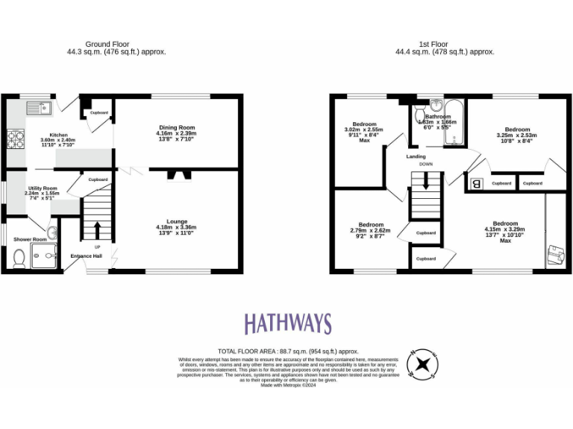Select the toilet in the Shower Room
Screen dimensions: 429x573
pyautogui.click(x=19, y=257)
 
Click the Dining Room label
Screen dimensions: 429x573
pyautogui.click(x=177, y=127)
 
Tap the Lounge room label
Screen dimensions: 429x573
pyautogui.click(x=177, y=221)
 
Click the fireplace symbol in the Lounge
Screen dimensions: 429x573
pyautogui.click(x=176, y=175)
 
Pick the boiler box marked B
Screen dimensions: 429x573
pyautogui.click(x=475, y=183)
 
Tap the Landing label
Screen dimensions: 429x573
pyautogui.click(x=416, y=156)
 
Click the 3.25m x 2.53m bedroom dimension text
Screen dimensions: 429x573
pyautogui.click(x=517, y=136)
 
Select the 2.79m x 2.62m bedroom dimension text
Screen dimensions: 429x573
pyautogui.click(x=371, y=231)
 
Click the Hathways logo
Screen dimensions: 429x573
pyautogui.click(x=287, y=324)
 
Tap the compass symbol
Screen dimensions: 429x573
pyautogui.click(x=422, y=364)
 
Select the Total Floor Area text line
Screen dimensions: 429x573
pyautogui.click(x=288, y=351)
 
